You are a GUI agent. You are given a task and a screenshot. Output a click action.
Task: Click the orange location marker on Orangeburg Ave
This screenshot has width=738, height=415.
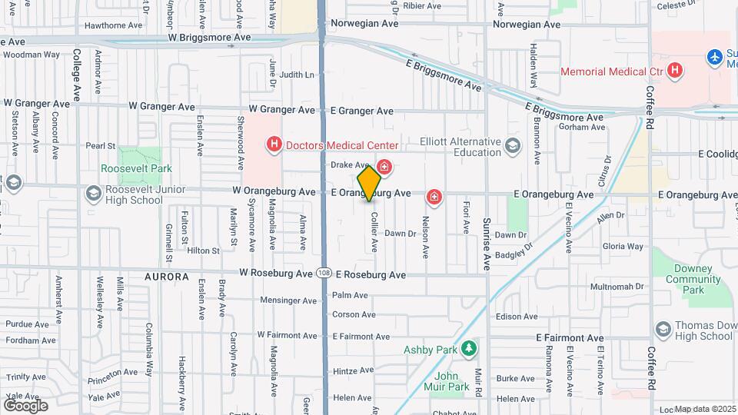pos(370,183)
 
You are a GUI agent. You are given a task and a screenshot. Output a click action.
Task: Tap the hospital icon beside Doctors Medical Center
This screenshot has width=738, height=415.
pos(273,144)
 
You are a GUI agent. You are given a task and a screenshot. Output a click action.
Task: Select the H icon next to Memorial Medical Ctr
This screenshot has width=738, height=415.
pos(675,71)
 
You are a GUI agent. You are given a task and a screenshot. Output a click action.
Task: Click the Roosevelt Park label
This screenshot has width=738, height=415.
pos(136,168)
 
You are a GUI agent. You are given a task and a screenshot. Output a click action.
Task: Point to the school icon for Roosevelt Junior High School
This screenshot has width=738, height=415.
pos(93,192)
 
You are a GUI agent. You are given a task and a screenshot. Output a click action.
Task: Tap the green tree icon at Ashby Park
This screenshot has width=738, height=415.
pos(468,349)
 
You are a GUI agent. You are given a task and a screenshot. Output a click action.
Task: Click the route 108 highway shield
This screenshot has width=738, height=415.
pos(324,274)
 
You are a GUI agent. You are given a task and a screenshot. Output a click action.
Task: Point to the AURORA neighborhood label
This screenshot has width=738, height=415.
pos(166,276)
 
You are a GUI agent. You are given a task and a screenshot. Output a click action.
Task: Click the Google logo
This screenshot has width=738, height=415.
pos(25,405)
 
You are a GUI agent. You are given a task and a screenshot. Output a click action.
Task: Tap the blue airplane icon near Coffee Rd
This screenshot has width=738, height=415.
pos(715,56)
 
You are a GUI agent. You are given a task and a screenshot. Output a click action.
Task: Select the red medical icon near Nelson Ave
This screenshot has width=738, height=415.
pos(434,198)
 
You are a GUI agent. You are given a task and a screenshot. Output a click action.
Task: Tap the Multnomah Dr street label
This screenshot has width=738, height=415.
pos(617,287)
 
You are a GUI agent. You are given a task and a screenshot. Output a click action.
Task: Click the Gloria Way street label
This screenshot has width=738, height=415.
pos(623,247)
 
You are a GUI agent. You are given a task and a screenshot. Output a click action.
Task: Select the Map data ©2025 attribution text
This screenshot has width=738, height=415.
pos(705,409)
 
